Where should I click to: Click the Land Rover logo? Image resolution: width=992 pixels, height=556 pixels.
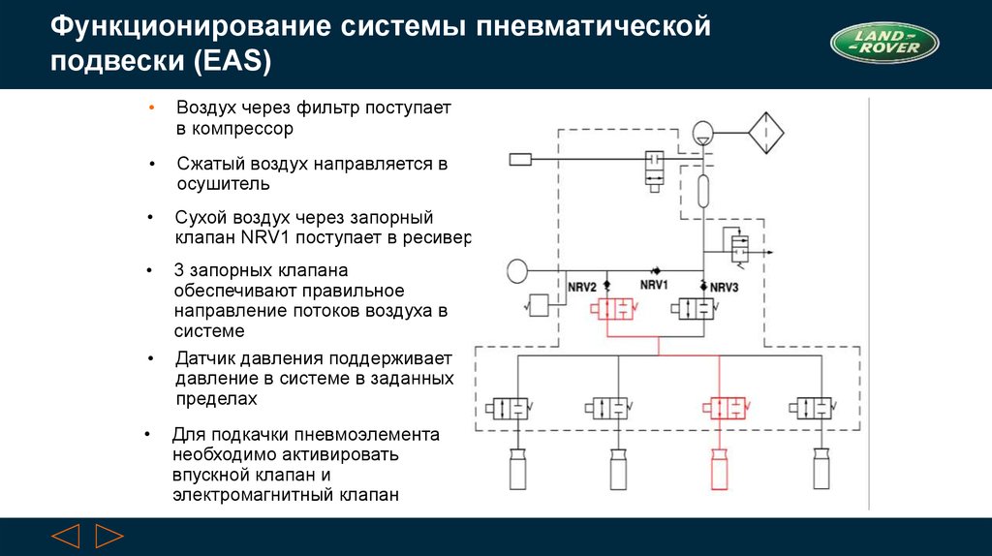(884, 45)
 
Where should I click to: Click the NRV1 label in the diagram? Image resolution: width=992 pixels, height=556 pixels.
(655, 286)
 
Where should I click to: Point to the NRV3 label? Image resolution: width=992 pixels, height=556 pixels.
(724, 288)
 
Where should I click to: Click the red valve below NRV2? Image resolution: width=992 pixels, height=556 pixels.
(615, 309)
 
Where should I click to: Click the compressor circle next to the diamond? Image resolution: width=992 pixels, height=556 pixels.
(704, 131)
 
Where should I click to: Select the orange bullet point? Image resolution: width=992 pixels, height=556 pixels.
(151, 107)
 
